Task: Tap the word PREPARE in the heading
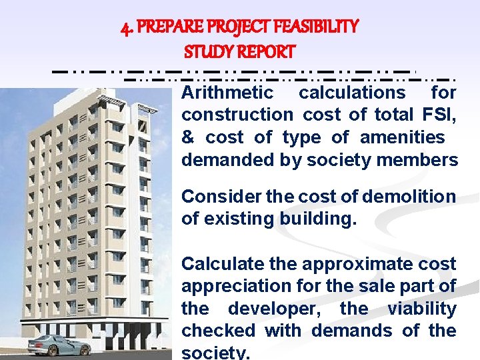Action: pyautogui.click(x=165, y=27)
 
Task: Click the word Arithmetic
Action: pyautogui.click(x=227, y=92)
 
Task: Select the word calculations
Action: pyautogui.click(x=351, y=92)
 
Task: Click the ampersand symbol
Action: pyautogui.click(x=187, y=137)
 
